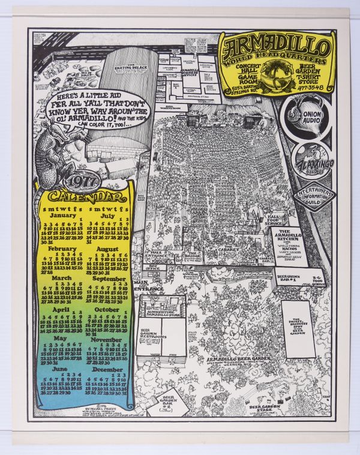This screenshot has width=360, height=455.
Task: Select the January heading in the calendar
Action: (59, 215)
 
